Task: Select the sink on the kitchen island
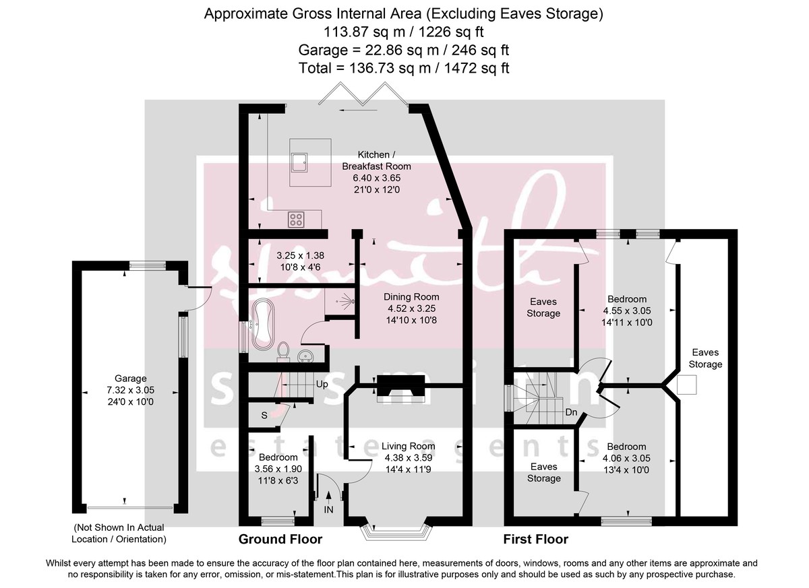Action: click(x=299, y=160)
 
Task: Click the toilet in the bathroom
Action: click(x=284, y=351)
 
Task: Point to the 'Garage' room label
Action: click(x=130, y=379)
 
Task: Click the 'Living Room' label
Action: click(x=408, y=446)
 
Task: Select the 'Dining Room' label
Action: click(x=411, y=297)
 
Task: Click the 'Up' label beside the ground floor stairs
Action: click(x=322, y=385)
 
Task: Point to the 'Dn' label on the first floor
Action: click(x=572, y=412)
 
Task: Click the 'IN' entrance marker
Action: click(x=328, y=510)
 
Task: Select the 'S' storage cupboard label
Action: click(x=264, y=416)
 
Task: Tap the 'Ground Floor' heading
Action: click(x=280, y=540)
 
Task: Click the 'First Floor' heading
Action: click(x=536, y=540)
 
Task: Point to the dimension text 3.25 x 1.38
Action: click(x=301, y=256)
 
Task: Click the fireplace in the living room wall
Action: click(x=400, y=389)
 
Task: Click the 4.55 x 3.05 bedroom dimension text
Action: click(x=627, y=311)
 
